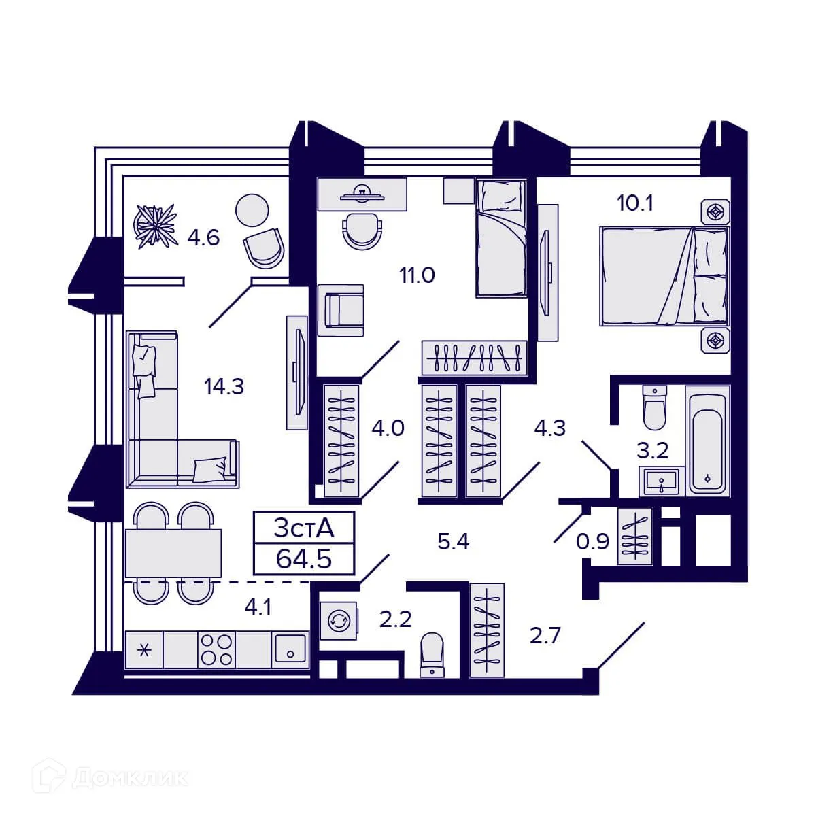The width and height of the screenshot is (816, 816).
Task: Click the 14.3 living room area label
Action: click(x=224, y=387)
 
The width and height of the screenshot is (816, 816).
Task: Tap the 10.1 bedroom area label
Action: click(x=634, y=203)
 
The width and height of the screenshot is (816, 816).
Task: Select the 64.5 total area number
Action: click(x=303, y=559)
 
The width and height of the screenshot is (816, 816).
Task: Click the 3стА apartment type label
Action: click(x=303, y=528)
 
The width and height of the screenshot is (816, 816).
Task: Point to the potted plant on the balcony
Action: click(x=154, y=226)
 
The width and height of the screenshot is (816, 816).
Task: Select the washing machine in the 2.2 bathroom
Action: click(x=338, y=620)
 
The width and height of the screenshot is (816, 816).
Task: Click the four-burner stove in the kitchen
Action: click(x=216, y=650)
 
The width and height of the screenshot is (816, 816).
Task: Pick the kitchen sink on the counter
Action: click(x=290, y=650)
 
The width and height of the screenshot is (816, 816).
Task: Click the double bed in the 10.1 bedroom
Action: click(x=663, y=276)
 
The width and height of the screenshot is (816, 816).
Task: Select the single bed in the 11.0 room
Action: click(x=501, y=238)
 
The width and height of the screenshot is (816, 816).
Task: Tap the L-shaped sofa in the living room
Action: click(x=163, y=422)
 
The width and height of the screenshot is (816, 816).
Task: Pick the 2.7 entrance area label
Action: click(x=545, y=636)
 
